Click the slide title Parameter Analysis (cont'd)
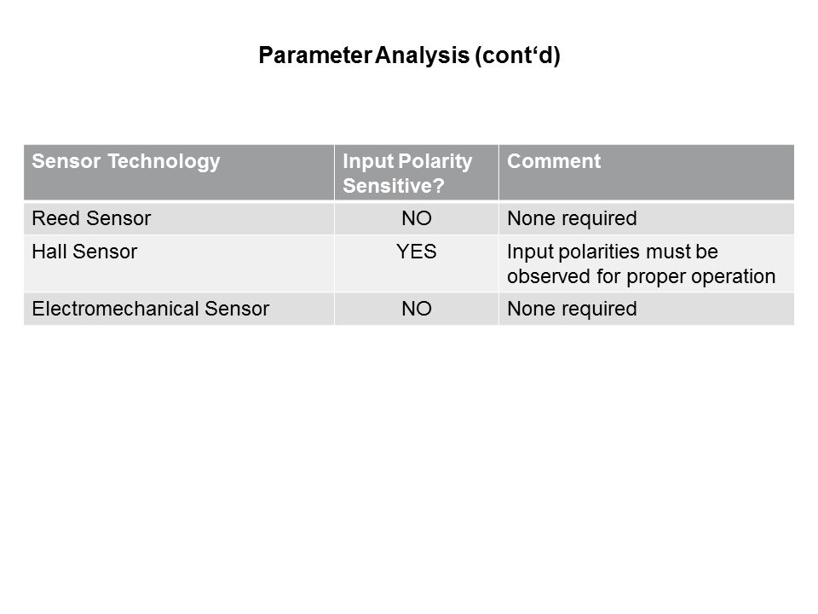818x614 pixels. [409, 55]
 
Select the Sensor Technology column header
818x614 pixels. [126, 161]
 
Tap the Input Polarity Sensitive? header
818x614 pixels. [407, 173]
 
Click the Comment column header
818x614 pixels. [554, 161]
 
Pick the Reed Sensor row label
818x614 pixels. [91, 218]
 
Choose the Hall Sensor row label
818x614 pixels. [84, 252]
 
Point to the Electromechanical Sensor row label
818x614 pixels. [151, 309]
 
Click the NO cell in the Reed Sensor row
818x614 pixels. [417, 218]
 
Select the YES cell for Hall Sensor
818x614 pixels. [417, 252]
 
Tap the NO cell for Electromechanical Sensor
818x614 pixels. [417, 309]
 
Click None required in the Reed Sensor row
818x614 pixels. [572, 218]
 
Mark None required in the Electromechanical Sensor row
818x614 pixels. [572, 309]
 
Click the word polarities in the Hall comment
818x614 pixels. [599, 252]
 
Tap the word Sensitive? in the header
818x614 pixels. [394, 186]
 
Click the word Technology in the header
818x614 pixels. [164, 161]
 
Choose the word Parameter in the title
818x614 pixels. [315, 55]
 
